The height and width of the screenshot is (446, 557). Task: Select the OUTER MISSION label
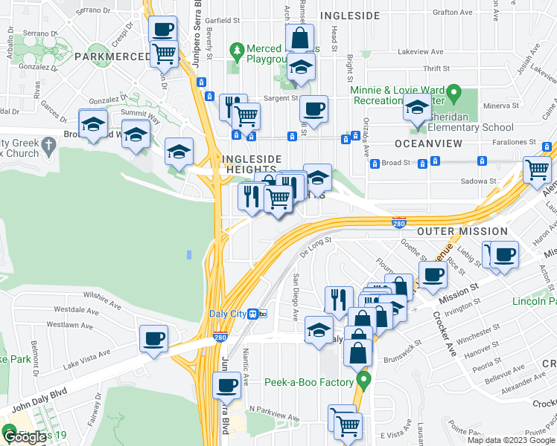pos(462,231)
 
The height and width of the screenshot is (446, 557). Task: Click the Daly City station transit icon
pos(258,314)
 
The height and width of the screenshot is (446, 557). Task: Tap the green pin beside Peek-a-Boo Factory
pos(363,382)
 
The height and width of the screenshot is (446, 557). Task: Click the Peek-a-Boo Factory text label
pos(309,382)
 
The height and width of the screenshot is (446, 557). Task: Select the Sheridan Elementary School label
pos(473,127)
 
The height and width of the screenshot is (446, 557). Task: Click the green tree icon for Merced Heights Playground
pos(238,51)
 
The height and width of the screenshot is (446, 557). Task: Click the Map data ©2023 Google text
pos(511,440)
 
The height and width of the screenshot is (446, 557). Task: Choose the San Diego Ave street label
pos(296,297)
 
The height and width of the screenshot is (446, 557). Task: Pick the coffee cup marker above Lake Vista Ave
pos(154,340)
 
